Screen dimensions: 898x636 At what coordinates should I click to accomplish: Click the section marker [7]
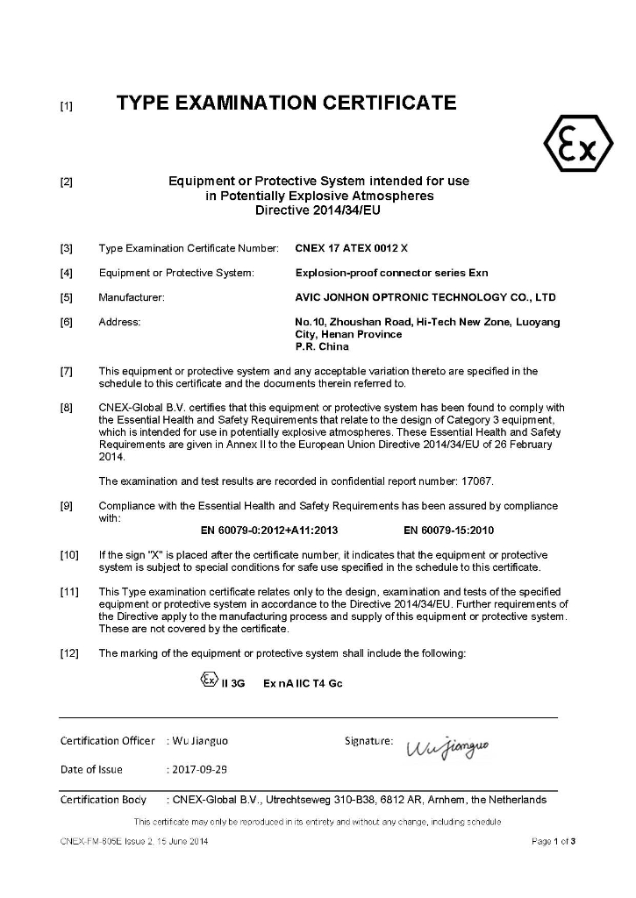click(66, 372)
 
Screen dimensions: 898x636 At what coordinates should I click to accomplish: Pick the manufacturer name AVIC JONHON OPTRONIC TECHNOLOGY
click(425, 297)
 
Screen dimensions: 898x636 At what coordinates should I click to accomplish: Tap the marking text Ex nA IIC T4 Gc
click(303, 683)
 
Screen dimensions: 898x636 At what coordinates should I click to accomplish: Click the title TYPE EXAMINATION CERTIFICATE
click(287, 103)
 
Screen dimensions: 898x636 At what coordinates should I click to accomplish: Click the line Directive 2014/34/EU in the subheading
click(318, 210)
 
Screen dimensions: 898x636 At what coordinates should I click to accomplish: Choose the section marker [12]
click(69, 653)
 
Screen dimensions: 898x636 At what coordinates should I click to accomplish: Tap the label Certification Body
click(104, 800)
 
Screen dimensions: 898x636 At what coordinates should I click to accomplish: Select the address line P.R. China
click(323, 346)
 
